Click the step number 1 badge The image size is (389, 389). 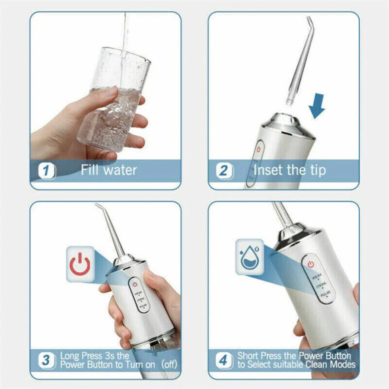tap(47, 171)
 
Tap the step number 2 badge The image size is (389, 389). tap(224, 171)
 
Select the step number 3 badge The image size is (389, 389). tap(46, 360)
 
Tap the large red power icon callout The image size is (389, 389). tap(80, 264)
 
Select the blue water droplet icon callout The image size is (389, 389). tap(249, 258)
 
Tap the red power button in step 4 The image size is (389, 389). tap(310, 264)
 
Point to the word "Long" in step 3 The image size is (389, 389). tap(70, 356)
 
